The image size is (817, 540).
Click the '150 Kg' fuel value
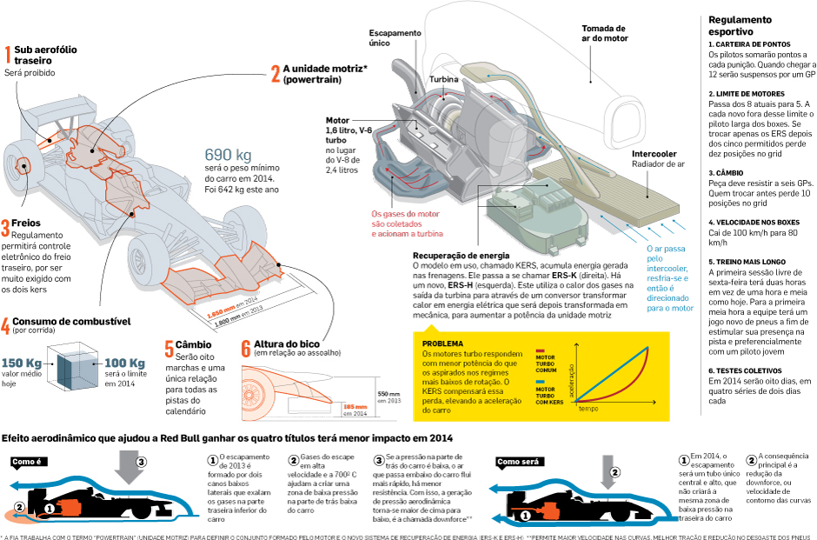[23, 363]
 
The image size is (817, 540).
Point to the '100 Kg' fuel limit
[123, 363]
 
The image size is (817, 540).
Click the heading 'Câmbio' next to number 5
[194, 344]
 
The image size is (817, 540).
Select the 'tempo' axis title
[588, 407]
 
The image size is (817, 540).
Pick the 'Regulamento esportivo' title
[739, 25]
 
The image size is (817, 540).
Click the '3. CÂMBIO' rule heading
[728, 173]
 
